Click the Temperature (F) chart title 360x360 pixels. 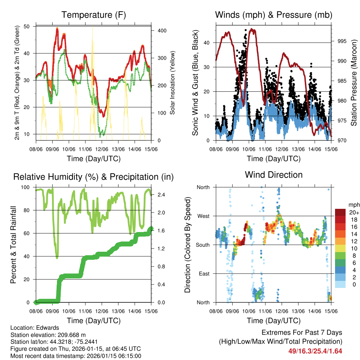(94, 15)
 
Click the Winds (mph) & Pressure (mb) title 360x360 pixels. (274, 15)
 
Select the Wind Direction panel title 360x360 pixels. (274, 175)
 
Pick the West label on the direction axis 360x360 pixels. (203, 216)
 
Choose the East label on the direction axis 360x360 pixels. (204, 274)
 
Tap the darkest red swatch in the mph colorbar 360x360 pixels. (340, 212)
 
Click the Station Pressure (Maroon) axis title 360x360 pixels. (354, 83)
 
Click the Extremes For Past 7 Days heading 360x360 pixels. (302, 333)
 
